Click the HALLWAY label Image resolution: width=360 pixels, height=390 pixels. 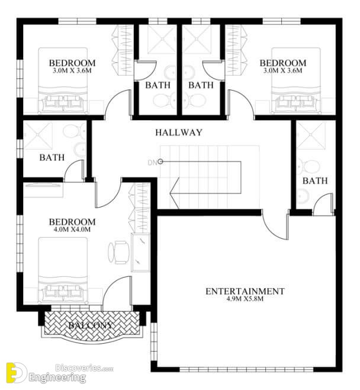coord(179,133)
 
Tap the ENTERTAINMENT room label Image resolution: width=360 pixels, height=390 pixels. coord(245,291)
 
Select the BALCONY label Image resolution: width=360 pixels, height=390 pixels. coord(90,325)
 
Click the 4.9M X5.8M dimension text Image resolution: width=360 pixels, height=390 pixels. coord(245,300)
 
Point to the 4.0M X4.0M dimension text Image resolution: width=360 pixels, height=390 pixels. coord(72,230)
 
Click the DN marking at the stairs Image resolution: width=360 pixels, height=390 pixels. coord(152,162)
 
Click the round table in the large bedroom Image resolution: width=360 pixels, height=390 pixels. coord(120,253)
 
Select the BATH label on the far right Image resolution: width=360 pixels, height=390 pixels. coord(313,181)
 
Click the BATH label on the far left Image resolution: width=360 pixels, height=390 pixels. coord(52,157)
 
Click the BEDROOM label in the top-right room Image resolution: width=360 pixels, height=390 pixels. coord(282,63)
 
